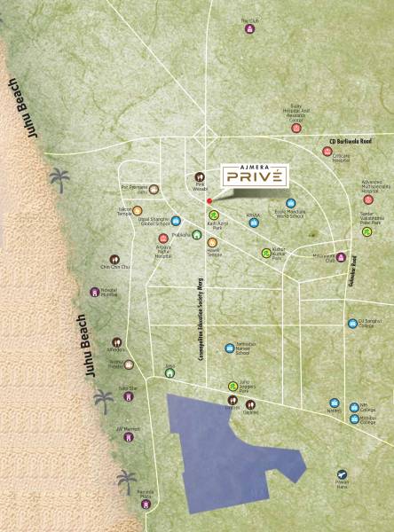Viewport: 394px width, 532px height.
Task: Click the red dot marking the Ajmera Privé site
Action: point(209,201)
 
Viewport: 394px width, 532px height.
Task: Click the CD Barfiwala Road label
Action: point(352,140)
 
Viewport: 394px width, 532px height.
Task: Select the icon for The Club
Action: point(249,28)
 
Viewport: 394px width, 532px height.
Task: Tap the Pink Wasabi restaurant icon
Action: point(201,176)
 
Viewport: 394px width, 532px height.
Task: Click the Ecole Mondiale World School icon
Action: point(290,203)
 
